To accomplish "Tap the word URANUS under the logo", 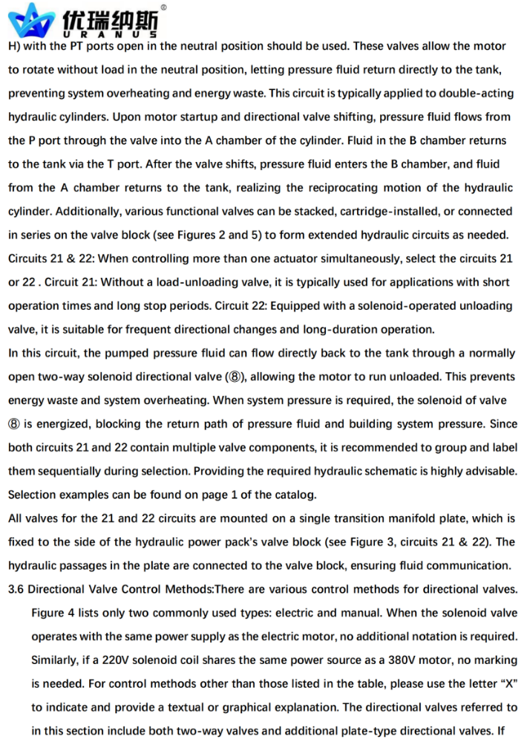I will click(111, 35).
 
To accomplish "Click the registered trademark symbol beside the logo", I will click(163, 7).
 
